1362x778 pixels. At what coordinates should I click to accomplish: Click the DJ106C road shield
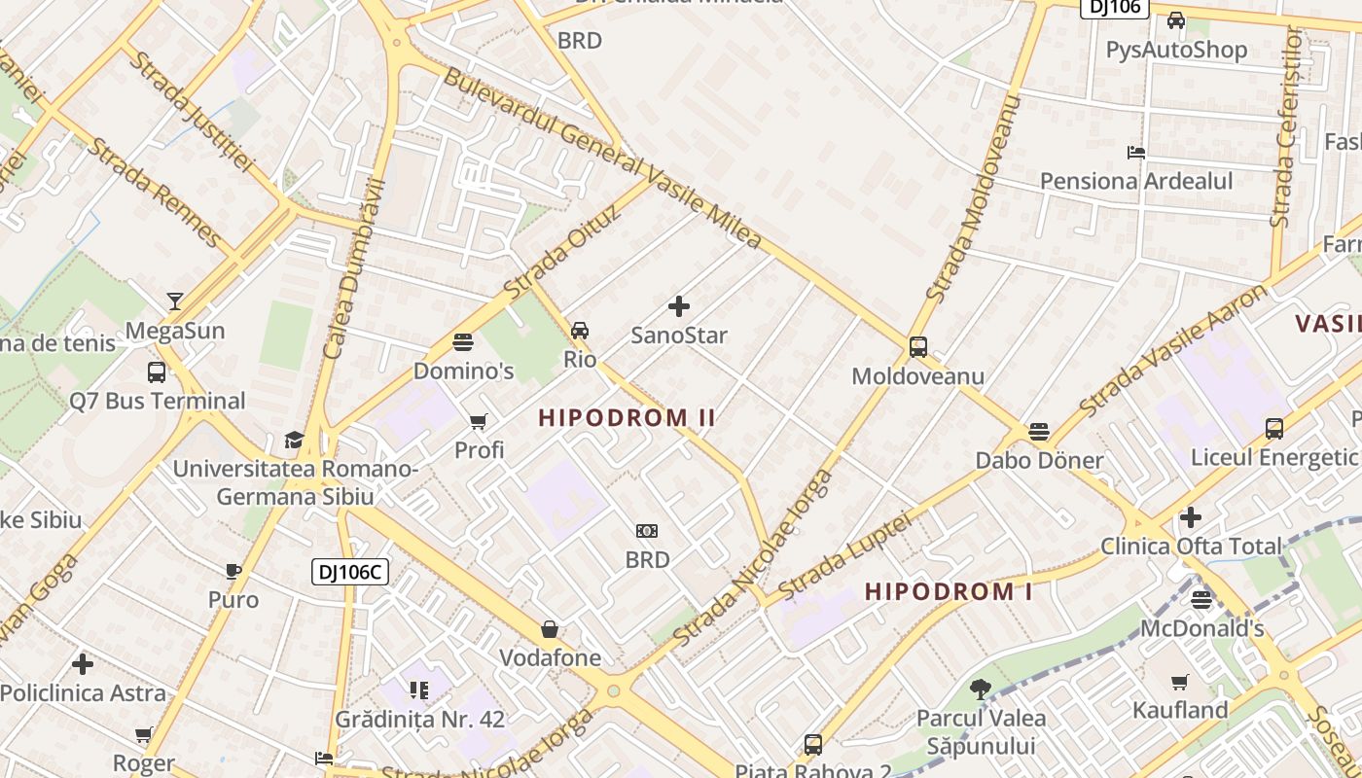click(x=350, y=572)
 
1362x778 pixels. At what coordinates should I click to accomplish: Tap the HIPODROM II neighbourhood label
click(x=627, y=418)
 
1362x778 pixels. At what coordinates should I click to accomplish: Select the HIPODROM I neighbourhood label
click(x=949, y=591)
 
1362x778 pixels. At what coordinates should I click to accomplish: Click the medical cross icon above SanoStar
click(x=679, y=307)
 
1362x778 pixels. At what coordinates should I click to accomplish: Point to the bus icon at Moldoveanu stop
click(x=917, y=347)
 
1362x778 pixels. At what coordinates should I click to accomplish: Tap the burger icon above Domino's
click(x=463, y=342)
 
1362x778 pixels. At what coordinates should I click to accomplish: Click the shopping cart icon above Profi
click(x=479, y=422)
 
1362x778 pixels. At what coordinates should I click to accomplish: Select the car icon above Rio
click(x=580, y=331)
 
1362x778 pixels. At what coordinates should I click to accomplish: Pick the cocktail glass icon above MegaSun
click(x=175, y=301)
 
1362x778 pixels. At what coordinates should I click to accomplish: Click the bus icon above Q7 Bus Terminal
click(x=157, y=371)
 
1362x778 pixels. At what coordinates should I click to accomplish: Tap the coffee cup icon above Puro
click(x=233, y=571)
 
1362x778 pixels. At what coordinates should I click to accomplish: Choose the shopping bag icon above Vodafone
click(x=550, y=629)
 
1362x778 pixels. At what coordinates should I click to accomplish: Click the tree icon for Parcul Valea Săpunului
click(x=981, y=690)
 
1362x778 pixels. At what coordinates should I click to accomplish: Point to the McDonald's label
click(x=1201, y=628)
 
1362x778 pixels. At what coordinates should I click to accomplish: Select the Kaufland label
click(x=1180, y=710)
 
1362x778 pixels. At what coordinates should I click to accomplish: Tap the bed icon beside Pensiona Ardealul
click(x=1135, y=153)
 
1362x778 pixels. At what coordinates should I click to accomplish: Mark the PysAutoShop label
click(x=1176, y=50)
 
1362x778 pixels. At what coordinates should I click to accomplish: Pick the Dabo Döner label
click(x=1039, y=460)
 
